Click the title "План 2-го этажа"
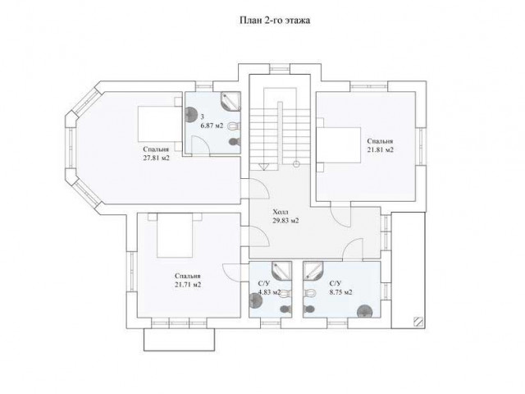pyautogui.click(x=275, y=20)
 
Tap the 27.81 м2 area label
pyautogui.click(x=157, y=158)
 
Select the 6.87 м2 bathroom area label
pyautogui.click(x=212, y=126)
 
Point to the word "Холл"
pyautogui.click(x=281, y=212)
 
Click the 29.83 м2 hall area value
pyautogui.click(x=285, y=221)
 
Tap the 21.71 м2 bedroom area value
pyautogui.click(x=188, y=285)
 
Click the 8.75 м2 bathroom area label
pyautogui.click(x=341, y=292)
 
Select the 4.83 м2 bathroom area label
pyautogui.click(x=269, y=292)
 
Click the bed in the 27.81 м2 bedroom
pyautogui.click(x=159, y=124)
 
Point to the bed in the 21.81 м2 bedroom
pyautogui.click(x=339, y=144)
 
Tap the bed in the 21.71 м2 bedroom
pyautogui.click(x=175, y=236)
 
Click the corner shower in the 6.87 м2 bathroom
pyautogui.click(x=231, y=101)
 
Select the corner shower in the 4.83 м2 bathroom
pyautogui.click(x=281, y=270)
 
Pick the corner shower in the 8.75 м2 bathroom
pyautogui.click(x=313, y=270)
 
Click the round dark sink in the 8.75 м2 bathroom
pyautogui.click(x=364, y=311)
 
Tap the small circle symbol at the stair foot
pyautogui.click(x=296, y=164)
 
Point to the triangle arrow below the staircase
pyautogui.click(x=263, y=167)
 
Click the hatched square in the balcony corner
pyautogui.click(x=418, y=322)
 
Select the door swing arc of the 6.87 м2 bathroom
pyautogui.click(x=202, y=142)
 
